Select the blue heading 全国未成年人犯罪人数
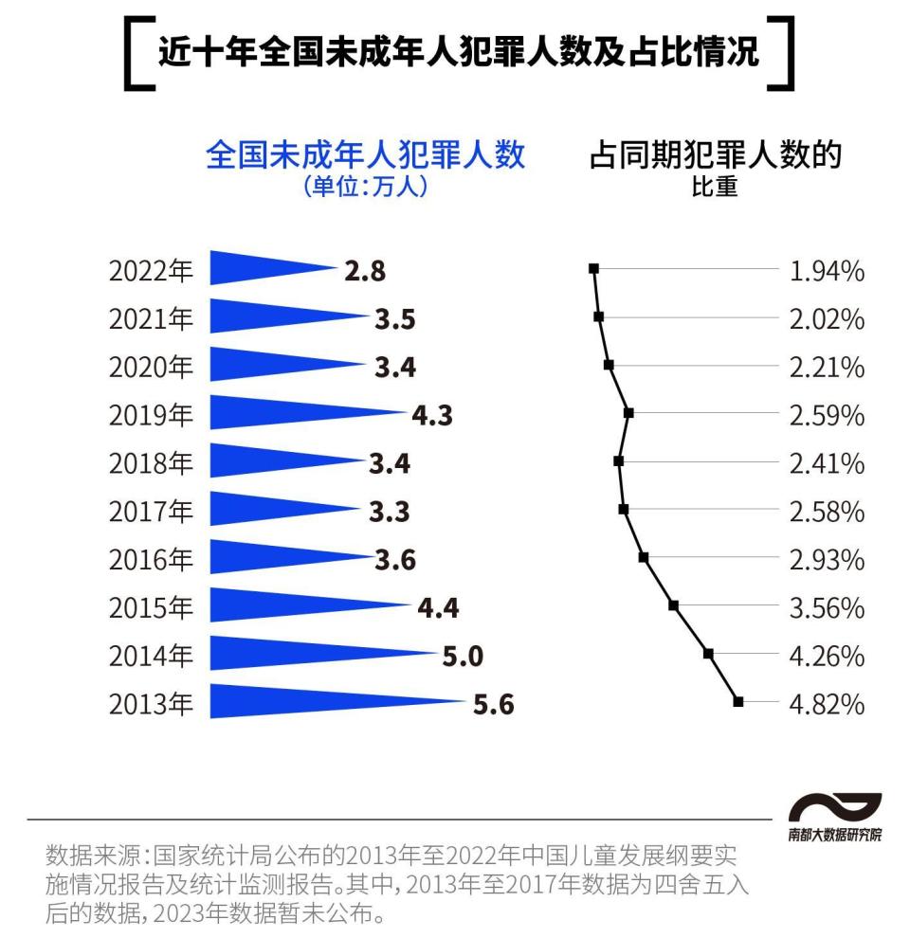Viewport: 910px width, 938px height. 365,154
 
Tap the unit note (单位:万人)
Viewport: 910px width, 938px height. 365,186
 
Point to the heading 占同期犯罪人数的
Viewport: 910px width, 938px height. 716,154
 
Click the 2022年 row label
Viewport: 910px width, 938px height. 151,272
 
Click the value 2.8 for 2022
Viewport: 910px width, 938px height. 365,272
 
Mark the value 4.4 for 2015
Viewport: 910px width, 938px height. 438,607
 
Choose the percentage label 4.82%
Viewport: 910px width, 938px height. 827,705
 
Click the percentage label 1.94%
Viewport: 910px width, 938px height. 827,272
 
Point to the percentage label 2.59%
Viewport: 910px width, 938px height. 827,416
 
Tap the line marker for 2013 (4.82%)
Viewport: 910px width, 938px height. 738,701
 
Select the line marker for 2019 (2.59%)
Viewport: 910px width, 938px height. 628,412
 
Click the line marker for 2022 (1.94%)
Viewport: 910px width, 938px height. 594,268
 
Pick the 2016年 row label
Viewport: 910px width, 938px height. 151,560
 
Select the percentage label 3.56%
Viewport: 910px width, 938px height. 827,608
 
